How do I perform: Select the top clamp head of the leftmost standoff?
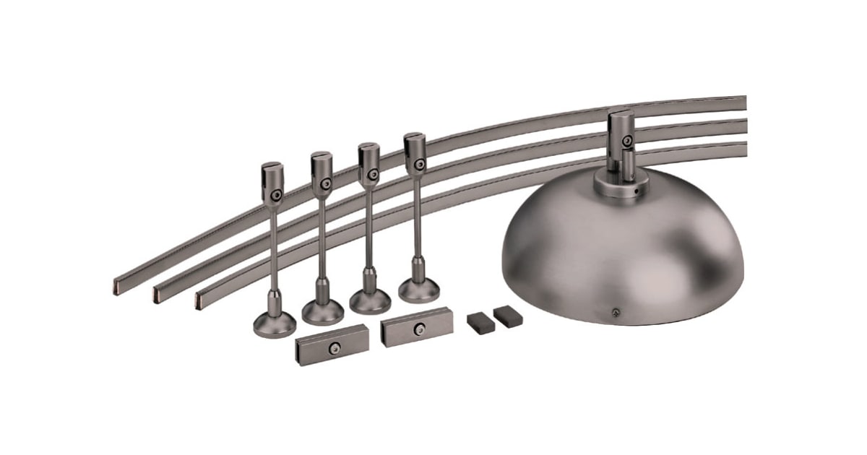(272, 181)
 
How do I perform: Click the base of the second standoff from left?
(322, 311)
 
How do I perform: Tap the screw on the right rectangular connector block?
(418, 329)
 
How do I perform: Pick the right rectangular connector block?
(417, 327)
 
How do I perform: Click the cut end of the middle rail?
(158, 293)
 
